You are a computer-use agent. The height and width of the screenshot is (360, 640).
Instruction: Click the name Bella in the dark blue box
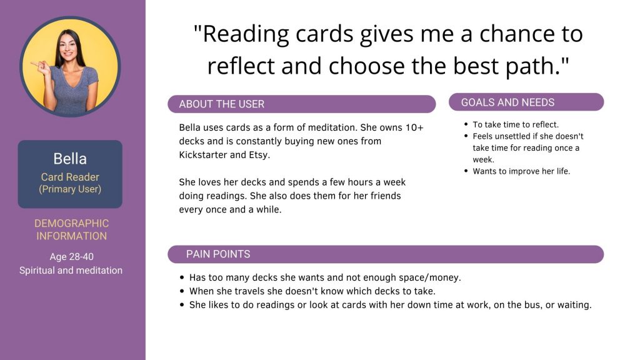point(70,159)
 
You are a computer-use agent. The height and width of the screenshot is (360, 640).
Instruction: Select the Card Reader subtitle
point(70,177)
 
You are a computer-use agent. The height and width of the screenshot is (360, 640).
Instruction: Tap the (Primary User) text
point(70,189)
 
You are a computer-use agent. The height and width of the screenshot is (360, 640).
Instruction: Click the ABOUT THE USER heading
point(222,104)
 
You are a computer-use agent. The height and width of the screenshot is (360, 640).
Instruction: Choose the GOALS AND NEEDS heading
point(507,102)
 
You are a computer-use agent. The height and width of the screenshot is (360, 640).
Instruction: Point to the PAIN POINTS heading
point(218,254)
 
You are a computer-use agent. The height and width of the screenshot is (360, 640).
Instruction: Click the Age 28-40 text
point(71,257)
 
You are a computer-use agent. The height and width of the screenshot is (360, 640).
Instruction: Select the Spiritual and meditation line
point(71,270)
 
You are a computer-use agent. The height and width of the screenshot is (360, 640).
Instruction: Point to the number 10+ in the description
point(414,127)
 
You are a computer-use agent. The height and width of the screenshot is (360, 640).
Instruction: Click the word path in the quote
point(531,66)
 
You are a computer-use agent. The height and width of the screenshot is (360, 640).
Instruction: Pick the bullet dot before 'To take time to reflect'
point(466,124)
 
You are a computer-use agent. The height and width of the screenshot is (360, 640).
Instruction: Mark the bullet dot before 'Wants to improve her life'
point(466,171)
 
